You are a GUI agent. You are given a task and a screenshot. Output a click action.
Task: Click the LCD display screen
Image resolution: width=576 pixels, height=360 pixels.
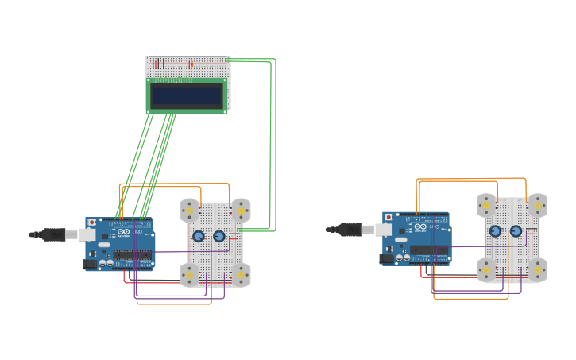tap(187, 96)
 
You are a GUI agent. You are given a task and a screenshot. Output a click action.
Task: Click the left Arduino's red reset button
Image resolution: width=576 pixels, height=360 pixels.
tap(92, 223)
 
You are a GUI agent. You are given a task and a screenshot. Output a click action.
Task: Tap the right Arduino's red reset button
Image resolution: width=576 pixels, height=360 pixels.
tap(389, 217)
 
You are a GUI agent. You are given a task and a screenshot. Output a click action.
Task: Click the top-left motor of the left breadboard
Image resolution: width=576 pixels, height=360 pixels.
tap(189, 210)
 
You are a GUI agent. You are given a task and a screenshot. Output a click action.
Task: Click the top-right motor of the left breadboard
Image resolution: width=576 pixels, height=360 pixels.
tap(241, 211)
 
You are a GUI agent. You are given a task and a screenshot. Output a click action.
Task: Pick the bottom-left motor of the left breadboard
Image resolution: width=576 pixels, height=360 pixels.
tap(189, 275)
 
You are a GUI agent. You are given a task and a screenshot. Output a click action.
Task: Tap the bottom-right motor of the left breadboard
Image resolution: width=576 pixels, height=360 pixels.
tap(241, 275)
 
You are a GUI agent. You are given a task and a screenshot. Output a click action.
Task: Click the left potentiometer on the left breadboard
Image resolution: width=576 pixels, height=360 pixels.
tap(198, 236)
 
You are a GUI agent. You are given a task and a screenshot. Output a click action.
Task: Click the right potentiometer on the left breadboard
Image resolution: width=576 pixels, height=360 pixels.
tap(219, 236)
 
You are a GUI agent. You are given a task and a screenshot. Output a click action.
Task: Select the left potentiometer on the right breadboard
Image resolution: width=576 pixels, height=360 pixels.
tap(495, 231)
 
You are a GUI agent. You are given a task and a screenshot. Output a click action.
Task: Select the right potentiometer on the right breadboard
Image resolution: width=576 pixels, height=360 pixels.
tap(516, 231)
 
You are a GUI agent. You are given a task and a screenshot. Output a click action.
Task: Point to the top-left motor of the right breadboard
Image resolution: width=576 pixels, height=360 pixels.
tap(486, 205)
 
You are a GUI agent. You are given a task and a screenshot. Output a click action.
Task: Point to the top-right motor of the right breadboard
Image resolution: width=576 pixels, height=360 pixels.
tap(537, 205)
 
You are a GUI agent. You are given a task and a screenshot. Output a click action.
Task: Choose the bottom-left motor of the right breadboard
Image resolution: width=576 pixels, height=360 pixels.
tap(486, 270)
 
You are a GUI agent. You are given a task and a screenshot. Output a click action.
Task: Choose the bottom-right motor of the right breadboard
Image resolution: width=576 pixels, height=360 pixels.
tap(537, 270)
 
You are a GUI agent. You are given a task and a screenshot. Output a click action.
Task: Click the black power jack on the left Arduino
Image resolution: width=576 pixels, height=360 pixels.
tap(90, 264)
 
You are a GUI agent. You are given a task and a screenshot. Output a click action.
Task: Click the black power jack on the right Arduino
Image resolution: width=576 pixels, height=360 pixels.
tap(387, 258)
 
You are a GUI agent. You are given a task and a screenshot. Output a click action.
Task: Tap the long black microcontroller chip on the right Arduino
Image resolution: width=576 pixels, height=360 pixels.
tap(428, 250)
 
